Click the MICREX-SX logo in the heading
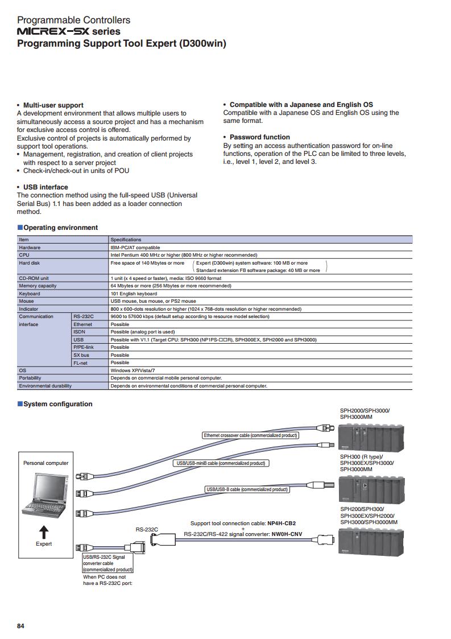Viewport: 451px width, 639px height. click(x=53, y=32)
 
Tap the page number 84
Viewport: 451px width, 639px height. click(x=21, y=626)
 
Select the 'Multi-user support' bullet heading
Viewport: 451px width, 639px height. click(x=53, y=105)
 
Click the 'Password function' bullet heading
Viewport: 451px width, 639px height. click(x=259, y=137)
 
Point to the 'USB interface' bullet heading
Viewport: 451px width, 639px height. click(x=45, y=187)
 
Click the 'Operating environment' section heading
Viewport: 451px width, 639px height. click(x=60, y=228)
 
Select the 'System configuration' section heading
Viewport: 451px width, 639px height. click(x=57, y=404)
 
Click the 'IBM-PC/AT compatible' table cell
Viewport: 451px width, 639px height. click(x=135, y=248)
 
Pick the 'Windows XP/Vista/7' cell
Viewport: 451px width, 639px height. click(x=134, y=370)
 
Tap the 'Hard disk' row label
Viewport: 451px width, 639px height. click(x=29, y=263)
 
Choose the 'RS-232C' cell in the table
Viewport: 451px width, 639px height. click(x=84, y=316)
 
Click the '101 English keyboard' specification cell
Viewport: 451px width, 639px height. click(x=134, y=294)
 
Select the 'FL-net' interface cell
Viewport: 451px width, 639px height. click(x=80, y=362)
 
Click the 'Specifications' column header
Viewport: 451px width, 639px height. click(x=126, y=240)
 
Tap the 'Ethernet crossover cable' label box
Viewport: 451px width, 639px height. click(x=251, y=435)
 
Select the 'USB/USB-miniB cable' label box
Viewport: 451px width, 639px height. click(x=221, y=463)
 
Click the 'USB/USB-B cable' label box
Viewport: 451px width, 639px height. click(x=247, y=489)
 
